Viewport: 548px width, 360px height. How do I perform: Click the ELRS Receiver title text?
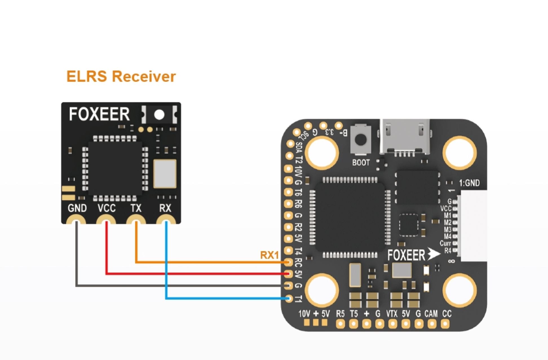pos(121,76)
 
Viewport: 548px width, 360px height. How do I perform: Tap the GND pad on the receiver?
pos(76,221)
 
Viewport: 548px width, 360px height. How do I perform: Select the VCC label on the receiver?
pos(107,208)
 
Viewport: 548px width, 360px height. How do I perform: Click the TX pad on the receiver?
pos(136,221)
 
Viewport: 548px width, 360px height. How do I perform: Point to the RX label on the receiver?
pos(165,208)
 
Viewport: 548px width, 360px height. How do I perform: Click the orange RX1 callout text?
pos(269,255)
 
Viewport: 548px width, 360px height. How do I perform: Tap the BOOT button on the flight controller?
pos(361,139)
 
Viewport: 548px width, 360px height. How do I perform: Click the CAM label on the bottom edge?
pos(431,314)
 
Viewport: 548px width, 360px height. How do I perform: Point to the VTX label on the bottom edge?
pos(392,314)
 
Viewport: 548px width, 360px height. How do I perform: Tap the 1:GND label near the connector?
pos(469,183)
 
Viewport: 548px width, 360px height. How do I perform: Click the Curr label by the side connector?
pos(445,243)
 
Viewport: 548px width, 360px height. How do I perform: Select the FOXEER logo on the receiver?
pos(99,114)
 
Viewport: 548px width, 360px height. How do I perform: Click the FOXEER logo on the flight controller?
pos(406,255)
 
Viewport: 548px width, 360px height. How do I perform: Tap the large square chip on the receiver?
pos(115,168)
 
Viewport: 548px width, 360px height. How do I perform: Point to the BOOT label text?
pos(361,163)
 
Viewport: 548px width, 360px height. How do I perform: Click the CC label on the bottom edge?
pos(447,314)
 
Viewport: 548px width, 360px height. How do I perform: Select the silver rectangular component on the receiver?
pos(165,173)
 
